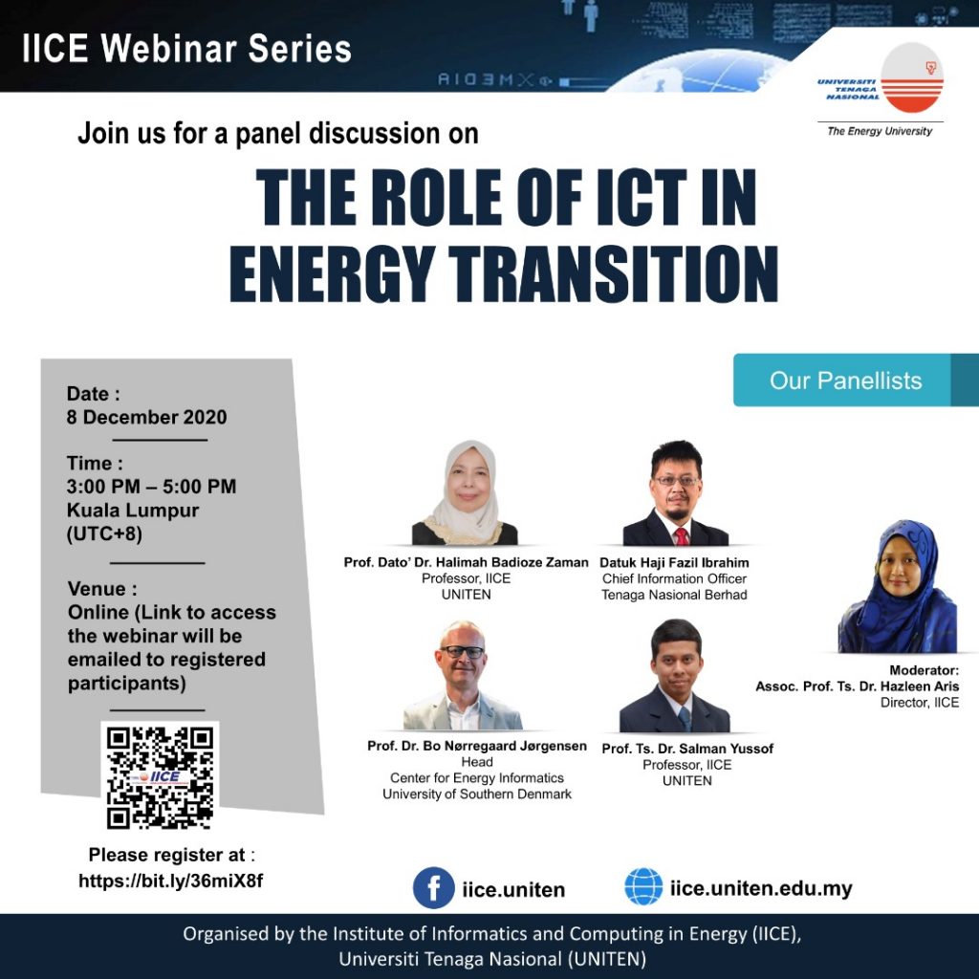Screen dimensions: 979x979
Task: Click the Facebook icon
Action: pos(433,887)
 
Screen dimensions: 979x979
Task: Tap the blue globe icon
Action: pos(643,886)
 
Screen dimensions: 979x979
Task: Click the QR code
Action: pos(160,777)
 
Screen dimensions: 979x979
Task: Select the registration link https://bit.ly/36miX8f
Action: pos(170,881)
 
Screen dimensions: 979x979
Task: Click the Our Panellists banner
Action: pos(856,380)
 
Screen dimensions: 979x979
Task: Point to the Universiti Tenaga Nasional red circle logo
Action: pos(911,78)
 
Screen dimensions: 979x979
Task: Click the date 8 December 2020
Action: pos(146,417)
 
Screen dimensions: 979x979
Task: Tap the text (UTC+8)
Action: pos(104,533)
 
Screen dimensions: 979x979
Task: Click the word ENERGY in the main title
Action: pos(332,273)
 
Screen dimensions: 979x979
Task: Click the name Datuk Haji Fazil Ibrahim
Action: pos(674,562)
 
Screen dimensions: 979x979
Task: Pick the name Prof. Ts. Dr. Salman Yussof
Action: pos(687,749)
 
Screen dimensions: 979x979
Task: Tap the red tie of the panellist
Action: pos(681,536)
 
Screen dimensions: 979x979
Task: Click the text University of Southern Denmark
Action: pos(477,794)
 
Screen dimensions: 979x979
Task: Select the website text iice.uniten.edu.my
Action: pos(761,888)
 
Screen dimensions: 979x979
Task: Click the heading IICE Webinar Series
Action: pos(186,49)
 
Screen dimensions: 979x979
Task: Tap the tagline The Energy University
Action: pos(880,131)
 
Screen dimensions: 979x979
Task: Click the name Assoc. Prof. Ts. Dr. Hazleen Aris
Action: pos(858,686)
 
